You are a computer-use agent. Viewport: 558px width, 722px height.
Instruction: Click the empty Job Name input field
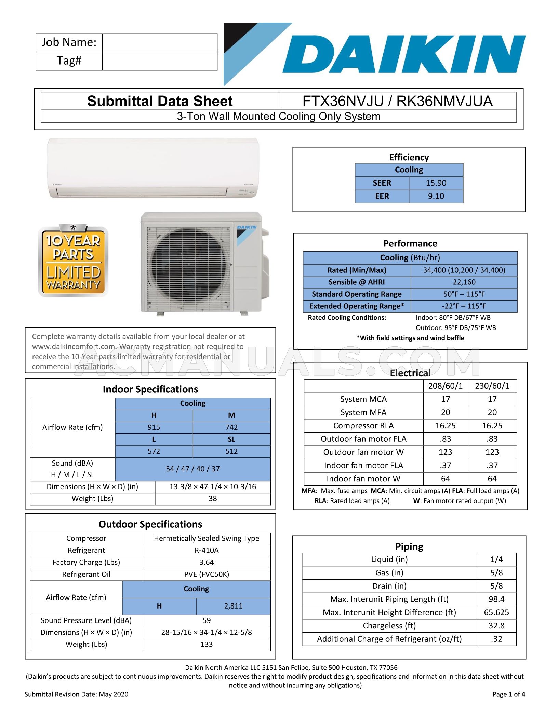click(x=160, y=43)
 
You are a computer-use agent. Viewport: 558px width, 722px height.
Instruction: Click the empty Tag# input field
click(x=160, y=61)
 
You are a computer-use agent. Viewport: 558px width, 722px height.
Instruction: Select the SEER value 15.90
click(x=436, y=183)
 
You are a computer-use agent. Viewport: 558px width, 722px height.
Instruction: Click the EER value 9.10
click(x=436, y=196)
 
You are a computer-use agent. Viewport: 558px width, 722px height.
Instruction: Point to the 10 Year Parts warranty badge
click(x=73, y=260)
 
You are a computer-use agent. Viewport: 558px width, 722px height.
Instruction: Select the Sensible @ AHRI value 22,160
click(x=464, y=282)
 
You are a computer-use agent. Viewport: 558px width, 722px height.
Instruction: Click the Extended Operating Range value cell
click(x=464, y=306)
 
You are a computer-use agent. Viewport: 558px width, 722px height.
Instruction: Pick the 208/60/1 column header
click(x=445, y=386)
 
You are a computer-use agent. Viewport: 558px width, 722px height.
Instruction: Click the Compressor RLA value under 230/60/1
click(x=492, y=426)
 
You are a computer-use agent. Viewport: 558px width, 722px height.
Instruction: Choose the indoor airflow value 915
click(x=154, y=427)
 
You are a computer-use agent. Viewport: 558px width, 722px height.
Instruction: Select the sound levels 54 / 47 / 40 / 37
click(x=193, y=469)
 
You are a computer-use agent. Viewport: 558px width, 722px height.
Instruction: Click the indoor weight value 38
click(x=213, y=499)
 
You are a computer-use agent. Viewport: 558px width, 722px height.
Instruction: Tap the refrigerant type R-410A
click(x=207, y=550)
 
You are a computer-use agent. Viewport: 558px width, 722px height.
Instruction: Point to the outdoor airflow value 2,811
click(x=233, y=606)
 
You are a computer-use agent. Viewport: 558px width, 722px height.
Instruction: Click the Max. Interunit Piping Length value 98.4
click(x=496, y=599)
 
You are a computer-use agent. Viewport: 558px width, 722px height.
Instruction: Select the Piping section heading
click(x=409, y=547)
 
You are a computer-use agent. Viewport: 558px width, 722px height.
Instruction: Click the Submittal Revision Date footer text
click(x=76, y=694)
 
